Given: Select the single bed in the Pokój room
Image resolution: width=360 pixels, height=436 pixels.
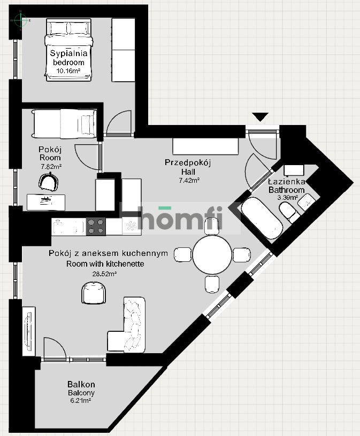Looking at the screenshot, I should [63, 123].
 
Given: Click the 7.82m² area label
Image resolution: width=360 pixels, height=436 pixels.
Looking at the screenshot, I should [51, 166].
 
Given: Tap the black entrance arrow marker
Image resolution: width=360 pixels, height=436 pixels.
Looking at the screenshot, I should [261, 116].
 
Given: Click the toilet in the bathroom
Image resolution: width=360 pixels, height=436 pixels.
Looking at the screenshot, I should [292, 215].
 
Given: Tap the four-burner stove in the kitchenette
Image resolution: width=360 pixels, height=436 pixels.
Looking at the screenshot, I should [96, 227].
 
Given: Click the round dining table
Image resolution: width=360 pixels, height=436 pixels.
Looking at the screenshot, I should [212, 255].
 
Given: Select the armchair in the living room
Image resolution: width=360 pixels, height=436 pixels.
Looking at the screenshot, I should [95, 292].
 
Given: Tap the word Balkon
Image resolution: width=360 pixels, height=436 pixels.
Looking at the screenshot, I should [81, 384].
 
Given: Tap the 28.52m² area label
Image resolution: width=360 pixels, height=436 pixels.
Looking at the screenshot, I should [105, 274].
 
